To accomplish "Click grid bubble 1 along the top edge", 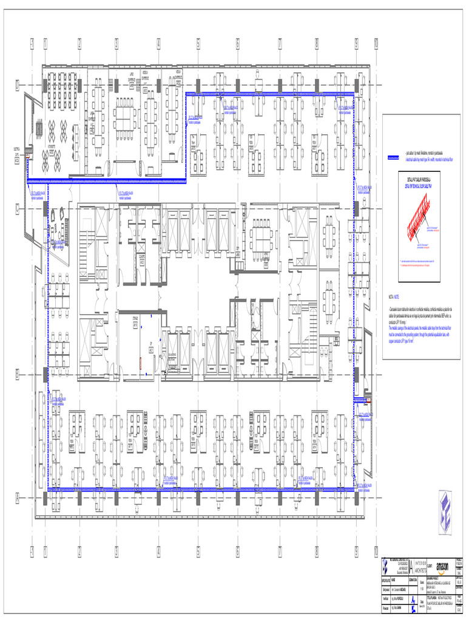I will [x=46, y=44].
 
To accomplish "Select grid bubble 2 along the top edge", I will [x=79, y=44].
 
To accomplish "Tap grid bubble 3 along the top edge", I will [x=116, y=44].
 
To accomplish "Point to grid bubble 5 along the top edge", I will [x=198, y=44].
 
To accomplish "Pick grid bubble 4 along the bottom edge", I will [x=158, y=551].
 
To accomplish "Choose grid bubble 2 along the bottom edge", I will [x=79, y=551].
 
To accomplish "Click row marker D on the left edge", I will [x=18, y=86].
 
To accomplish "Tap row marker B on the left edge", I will [x=18, y=375].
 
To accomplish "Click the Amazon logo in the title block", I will [x=441, y=566].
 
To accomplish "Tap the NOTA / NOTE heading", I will [x=394, y=298].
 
